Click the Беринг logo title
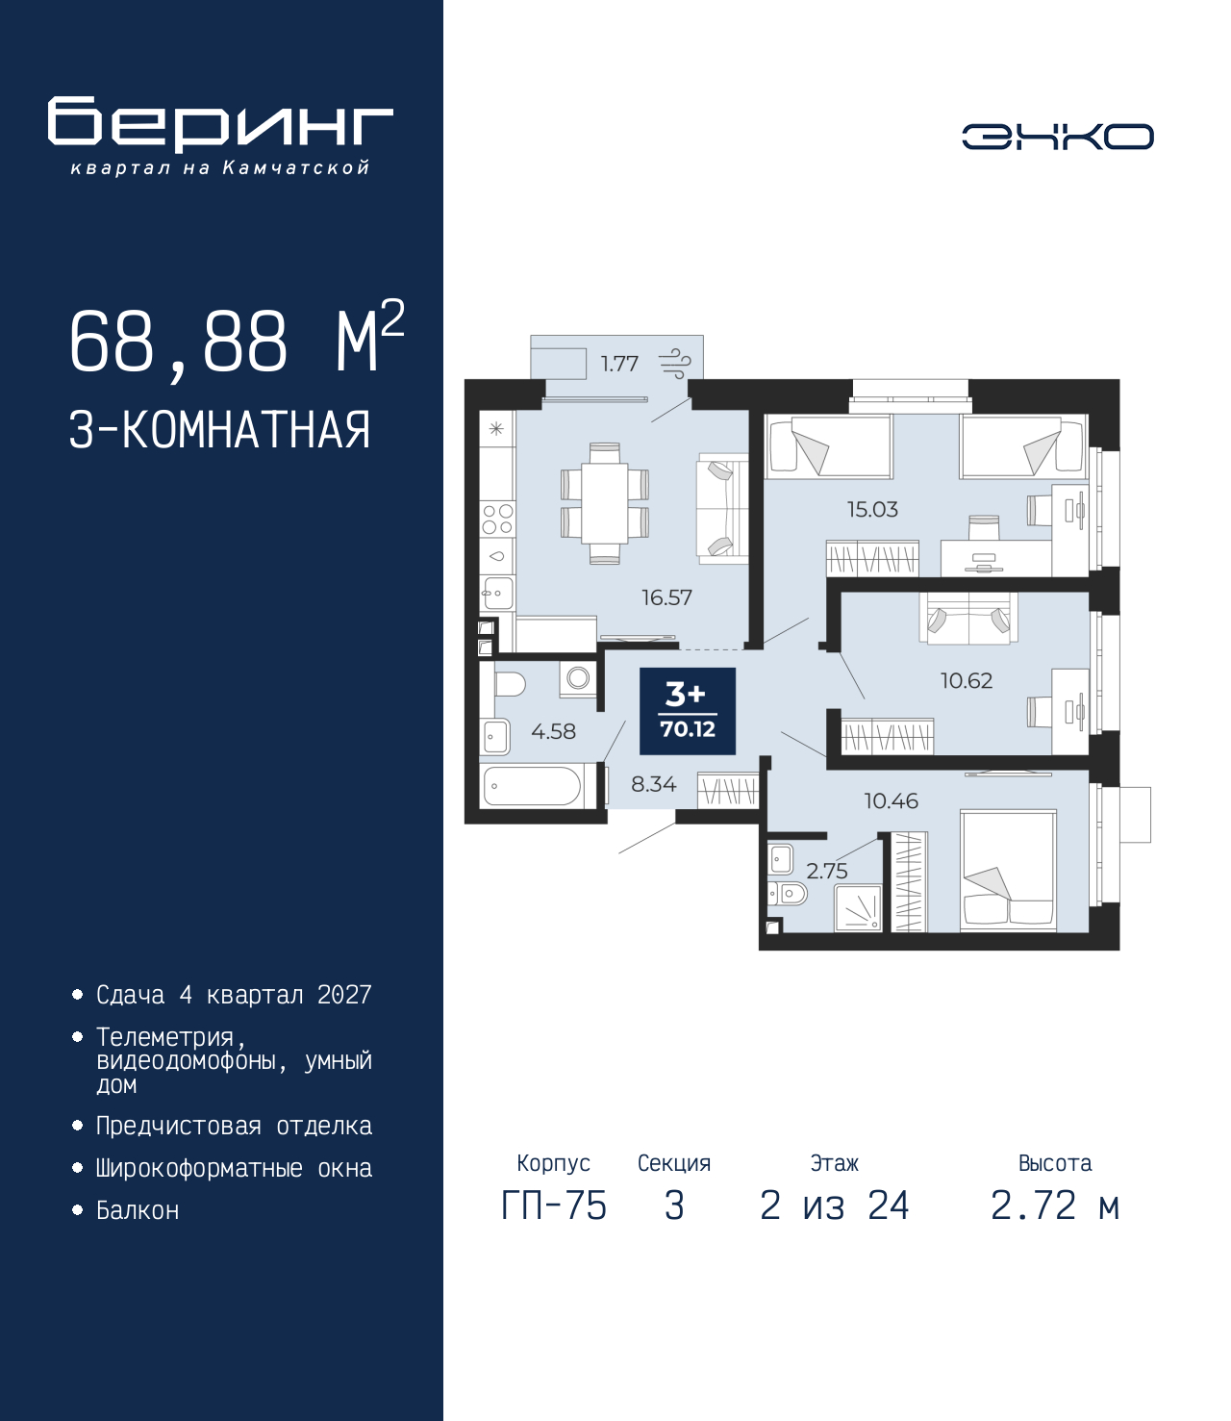[x=220, y=124]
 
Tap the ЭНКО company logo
[x=1057, y=136]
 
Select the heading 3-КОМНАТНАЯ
[x=220, y=430]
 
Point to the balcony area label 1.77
[x=619, y=363]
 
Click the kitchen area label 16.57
[x=666, y=597]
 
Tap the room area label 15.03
[x=872, y=509]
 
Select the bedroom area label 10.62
[x=967, y=680]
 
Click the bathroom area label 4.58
[x=553, y=731]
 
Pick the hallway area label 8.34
[x=654, y=784]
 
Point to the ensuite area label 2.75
[x=827, y=871]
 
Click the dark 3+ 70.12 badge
[x=688, y=711]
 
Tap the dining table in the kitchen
[x=605, y=503]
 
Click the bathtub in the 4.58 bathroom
[x=531, y=786]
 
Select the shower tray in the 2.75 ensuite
[x=858, y=907]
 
